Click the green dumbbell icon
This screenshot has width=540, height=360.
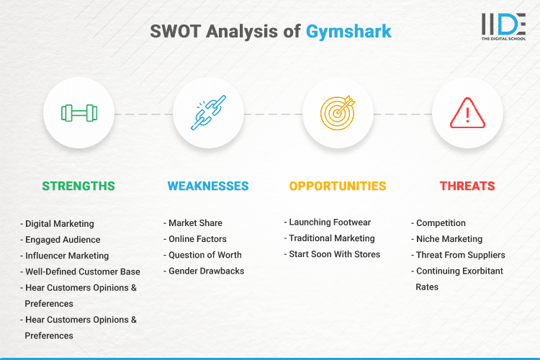78,113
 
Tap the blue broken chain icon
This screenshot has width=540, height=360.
208,113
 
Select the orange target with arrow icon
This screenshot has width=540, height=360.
338,113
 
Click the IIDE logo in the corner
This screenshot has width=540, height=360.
503,27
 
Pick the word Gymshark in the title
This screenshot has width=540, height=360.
348,32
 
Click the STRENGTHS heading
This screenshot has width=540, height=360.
78,186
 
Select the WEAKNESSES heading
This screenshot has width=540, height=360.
208,186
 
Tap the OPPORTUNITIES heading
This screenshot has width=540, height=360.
338,186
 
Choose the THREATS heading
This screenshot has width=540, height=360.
467,186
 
